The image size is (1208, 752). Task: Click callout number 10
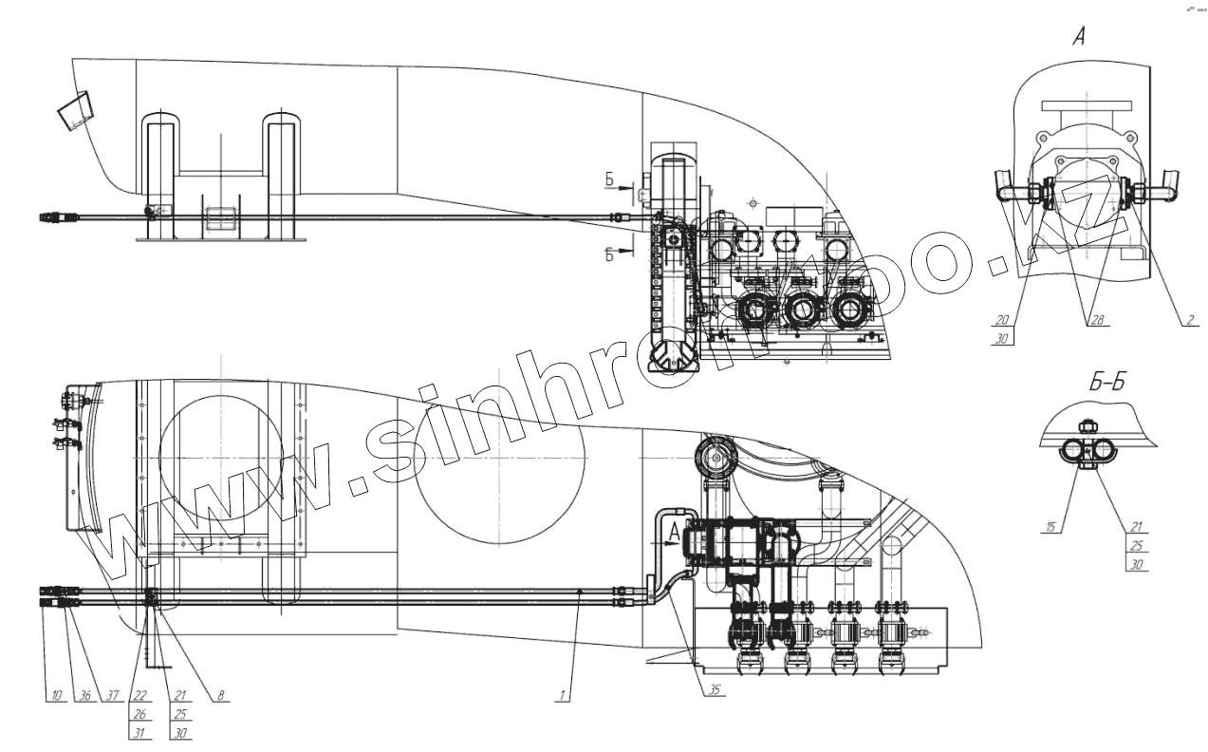pos(56,696)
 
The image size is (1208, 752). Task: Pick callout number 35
pos(714,691)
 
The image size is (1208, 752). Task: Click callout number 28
pos(1095,321)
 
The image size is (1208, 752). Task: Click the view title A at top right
pos(1078,37)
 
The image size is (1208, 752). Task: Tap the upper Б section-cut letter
pos(610,179)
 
